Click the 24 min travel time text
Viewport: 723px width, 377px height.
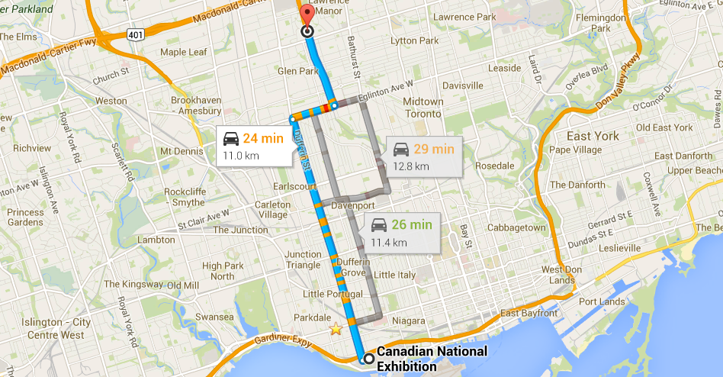tap(264, 139)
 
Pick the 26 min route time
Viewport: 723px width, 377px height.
tap(412, 225)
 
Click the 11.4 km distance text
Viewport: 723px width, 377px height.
tap(389, 243)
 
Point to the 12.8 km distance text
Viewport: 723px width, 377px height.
tap(411, 166)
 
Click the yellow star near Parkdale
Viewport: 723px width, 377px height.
tap(336, 329)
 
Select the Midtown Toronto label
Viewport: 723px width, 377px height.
tap(423, 108)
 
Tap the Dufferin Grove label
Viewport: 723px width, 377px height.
tap(353, 267)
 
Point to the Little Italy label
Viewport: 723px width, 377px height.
tap(395, 275)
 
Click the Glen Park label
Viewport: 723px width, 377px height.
tap(298, 71)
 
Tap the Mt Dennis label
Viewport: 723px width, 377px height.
tap(178, 151)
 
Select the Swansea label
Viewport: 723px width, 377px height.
tap(214, 317)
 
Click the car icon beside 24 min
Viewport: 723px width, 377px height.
tap(230, 139)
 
